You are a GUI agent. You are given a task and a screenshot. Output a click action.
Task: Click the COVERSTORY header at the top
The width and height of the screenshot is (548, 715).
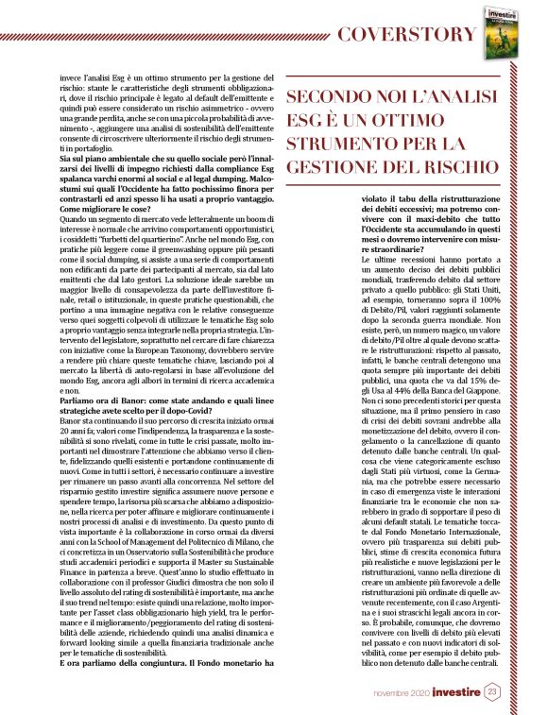pos(407,35)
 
